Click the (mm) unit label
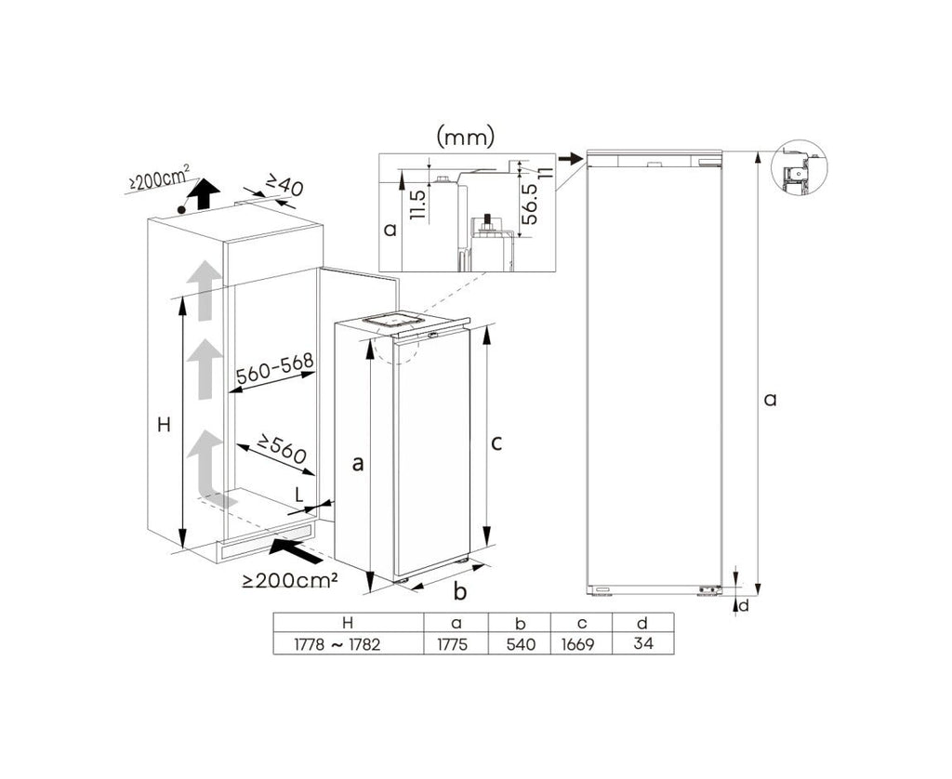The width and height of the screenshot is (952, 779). point(466,138)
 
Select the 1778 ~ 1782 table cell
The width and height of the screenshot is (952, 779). point(337,644)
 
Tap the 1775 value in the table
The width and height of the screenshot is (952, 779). point(453,644)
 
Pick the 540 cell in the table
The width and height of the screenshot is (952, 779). point(521,644)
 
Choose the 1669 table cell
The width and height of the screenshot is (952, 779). point(577,644)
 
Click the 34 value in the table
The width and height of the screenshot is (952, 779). point(643,642)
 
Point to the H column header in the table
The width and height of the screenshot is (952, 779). point(348,622)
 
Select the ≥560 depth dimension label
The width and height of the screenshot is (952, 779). point(280,448)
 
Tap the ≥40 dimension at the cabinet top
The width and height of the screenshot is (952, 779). point(284,185)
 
